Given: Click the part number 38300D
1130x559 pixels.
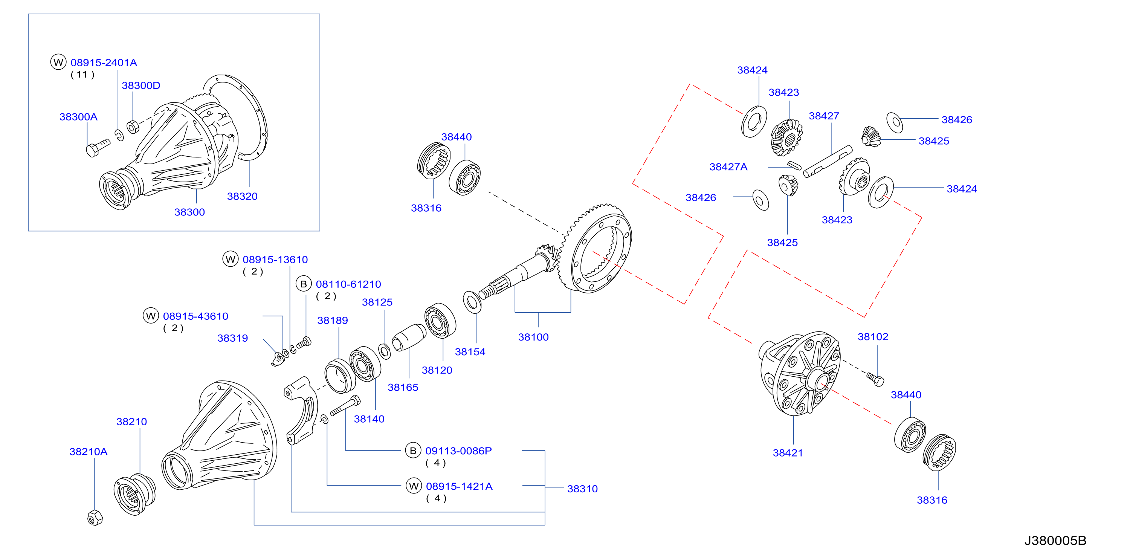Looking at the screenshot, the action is click(x=141, y=86).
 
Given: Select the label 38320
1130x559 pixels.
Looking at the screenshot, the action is click(x=242, y=196).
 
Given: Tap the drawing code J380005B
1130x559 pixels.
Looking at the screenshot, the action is click(x=1055, y=541).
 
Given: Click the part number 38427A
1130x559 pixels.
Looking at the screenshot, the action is click(x=728, y=167).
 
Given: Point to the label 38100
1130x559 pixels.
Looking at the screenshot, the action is click(x=533, y=337).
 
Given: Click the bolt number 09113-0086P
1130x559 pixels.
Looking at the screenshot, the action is click(x=458, y=451).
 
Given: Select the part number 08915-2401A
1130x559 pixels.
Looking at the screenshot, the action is click(x=104, y=63).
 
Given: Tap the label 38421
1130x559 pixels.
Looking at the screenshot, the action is click(x=788, y=453).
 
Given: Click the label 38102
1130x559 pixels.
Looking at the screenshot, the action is click(x=873, y=336).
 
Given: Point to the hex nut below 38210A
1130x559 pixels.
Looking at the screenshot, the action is click(x=95, y=518).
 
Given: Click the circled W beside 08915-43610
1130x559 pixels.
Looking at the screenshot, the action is click(x=151, y=316).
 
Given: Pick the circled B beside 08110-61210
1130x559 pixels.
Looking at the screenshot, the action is click(x=304, y=284).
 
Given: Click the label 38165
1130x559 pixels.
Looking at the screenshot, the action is click(x=403, y=388).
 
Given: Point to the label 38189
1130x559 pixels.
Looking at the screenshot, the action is click(x=333, y=320).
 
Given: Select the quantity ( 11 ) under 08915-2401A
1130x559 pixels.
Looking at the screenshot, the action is click(x=82, y=75).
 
